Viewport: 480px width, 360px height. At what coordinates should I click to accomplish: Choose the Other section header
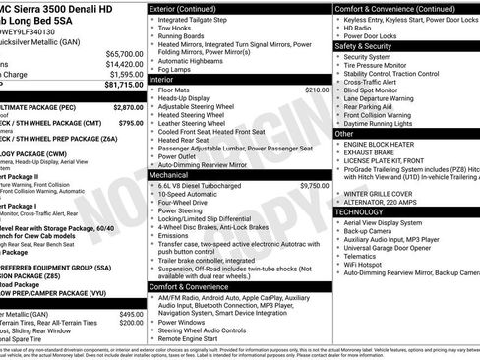tap(344, 132)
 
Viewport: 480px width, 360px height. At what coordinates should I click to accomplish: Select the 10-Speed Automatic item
tap(194, 195)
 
